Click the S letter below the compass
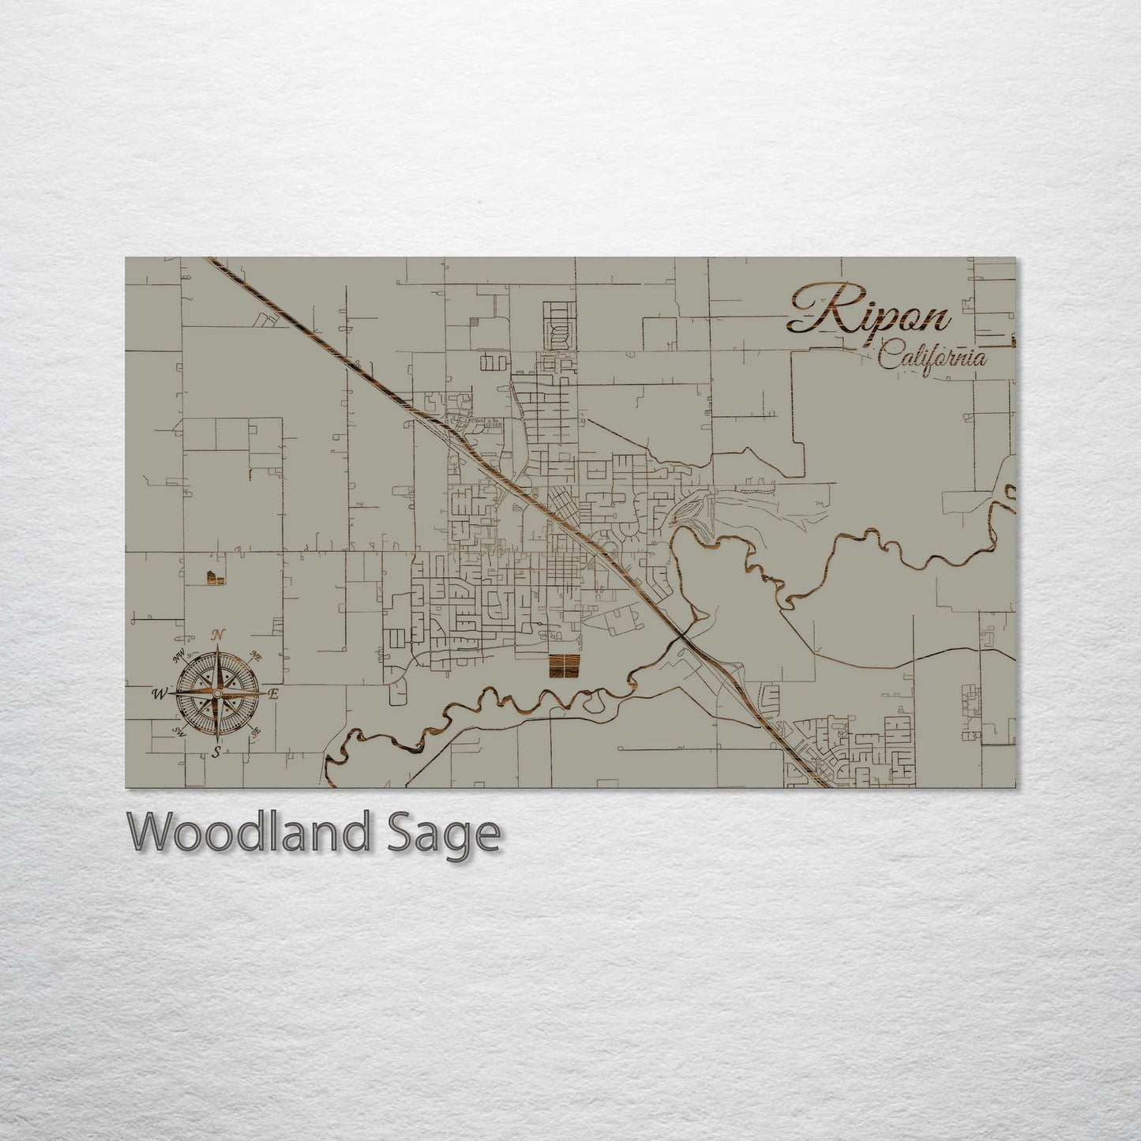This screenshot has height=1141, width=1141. (216, 753)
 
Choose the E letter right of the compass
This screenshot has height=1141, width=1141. (273, 694)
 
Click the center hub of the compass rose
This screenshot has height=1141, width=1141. (216, 693)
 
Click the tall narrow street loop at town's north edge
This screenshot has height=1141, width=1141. (557, 325)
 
